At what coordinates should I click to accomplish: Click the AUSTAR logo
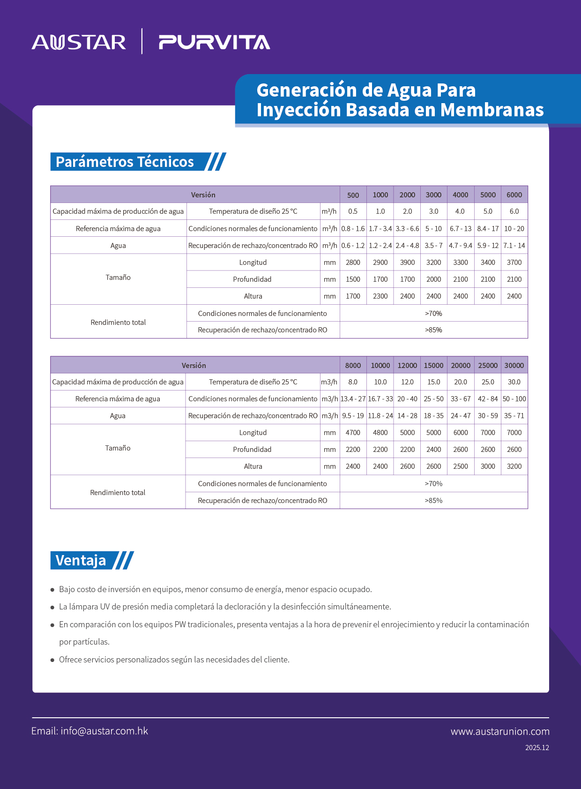pos(79,42)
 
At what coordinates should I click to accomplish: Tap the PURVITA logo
pos(214,42)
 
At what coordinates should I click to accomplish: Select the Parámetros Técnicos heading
pos(125,162)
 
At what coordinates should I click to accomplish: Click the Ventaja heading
pos(81,560)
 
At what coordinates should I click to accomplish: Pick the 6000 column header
pos(514,195)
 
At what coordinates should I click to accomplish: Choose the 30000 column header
pos(514,365)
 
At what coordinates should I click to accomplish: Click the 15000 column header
pos(433,365)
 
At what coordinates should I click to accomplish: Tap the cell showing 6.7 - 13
pos(461,228)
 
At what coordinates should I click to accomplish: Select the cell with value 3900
pos(407,262)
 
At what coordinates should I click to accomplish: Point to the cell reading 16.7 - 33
pos(380,398)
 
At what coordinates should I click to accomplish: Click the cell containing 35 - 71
pos(514,415)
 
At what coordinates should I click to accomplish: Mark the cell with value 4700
pos(353,432)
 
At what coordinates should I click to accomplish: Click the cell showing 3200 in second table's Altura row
pos(514,466)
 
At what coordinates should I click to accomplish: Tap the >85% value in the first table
pos(433,330)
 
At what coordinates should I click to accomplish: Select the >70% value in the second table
pos(433,483)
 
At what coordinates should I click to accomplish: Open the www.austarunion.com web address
pos(500,731)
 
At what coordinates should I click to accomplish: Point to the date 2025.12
pos(537,748)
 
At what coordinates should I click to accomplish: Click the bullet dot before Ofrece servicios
pos(52,660)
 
